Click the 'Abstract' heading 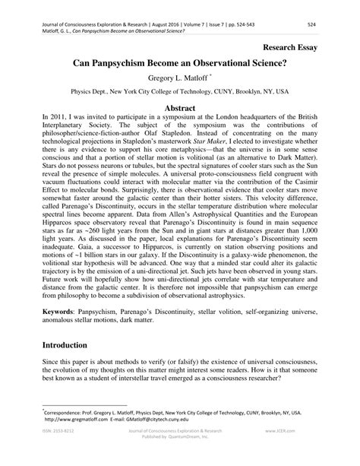pos(180,108)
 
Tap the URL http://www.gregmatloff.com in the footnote pos(76,419)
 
